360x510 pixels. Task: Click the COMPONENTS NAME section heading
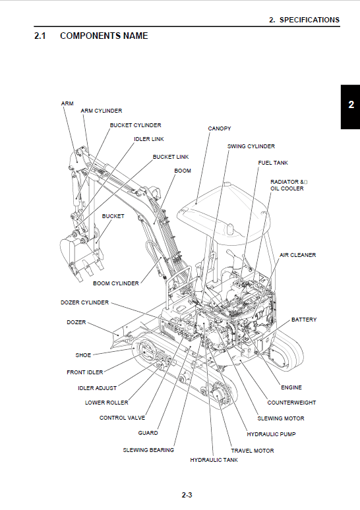(x=104, y=36)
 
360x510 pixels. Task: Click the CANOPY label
(x=219, y=128)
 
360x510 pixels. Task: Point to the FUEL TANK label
(x=272, y=163)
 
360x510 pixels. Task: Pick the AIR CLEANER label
(x=297, y=255)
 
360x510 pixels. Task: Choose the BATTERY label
(x=304, y=320)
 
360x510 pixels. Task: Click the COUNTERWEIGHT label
(x=291, y=403)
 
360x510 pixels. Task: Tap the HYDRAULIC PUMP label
(x=271, y=434)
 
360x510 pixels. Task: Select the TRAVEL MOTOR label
(x=252, y=451)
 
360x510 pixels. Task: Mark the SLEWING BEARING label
(x=148, y=450)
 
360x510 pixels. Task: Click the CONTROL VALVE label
(x=122, y=418)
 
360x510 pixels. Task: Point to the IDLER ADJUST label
(x=97, y=388)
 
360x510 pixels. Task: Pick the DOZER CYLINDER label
(x=80, y=303)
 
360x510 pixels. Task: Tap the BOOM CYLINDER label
(x=115, y=283)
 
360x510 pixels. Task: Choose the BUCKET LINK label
(x=170, y=157)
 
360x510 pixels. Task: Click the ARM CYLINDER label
(x=101, y=111)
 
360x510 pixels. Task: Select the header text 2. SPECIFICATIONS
(x=304, y=20)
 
